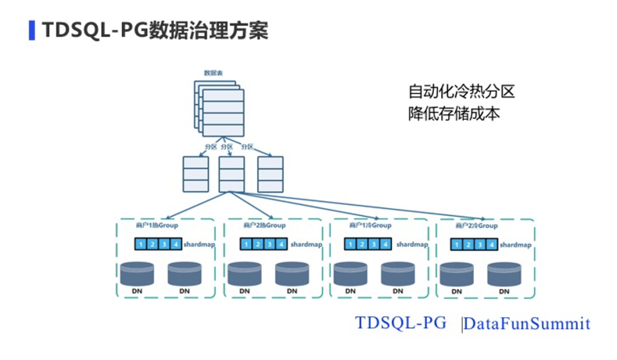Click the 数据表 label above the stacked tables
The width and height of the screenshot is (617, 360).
tap(213, 73)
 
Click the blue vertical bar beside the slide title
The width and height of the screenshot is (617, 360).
tap(32, 30)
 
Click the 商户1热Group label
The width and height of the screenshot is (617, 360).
tap(154, 225)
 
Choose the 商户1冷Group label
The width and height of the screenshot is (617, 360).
tap(370, 225)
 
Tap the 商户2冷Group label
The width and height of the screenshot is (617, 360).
tap(476, 226)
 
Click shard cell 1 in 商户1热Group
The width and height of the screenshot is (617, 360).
tap(141, 245)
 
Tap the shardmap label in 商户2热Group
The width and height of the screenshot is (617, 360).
tap(306, 245)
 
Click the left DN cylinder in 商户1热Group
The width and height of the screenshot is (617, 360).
tap(137, 274)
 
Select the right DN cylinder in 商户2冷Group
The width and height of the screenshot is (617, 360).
tap(504, 275)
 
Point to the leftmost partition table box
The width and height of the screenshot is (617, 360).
tap(195, 174)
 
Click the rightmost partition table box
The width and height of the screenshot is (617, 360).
tap(270, 174)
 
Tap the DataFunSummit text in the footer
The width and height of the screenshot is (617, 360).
tap(526, 324)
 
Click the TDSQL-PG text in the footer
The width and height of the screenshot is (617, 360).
tap(400, 322)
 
